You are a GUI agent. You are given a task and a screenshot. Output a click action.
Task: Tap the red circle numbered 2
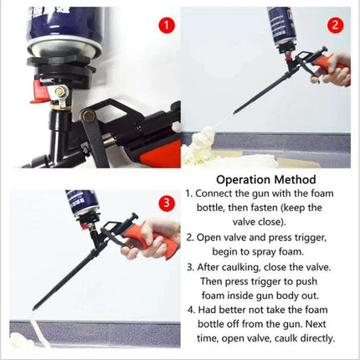click(334, 24)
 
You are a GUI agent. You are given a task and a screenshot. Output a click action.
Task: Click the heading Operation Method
click(265, 179)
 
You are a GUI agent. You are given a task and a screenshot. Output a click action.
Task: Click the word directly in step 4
click(313, 339)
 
